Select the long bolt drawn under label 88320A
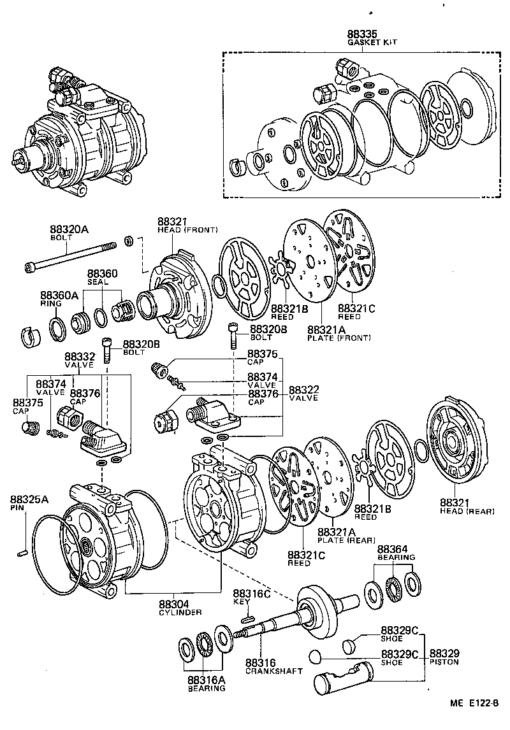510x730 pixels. (x=70, y=256)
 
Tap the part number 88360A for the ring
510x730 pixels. (x=59, y=296)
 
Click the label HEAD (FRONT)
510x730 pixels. (x=187, y=229)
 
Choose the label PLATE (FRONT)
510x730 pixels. (x=339, y=338)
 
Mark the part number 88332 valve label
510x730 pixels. (x=80, y=356)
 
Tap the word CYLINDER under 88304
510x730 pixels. (x=180, y=612)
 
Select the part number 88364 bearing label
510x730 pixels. (x=393, y=549)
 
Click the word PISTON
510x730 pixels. (x=444, y=662)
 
